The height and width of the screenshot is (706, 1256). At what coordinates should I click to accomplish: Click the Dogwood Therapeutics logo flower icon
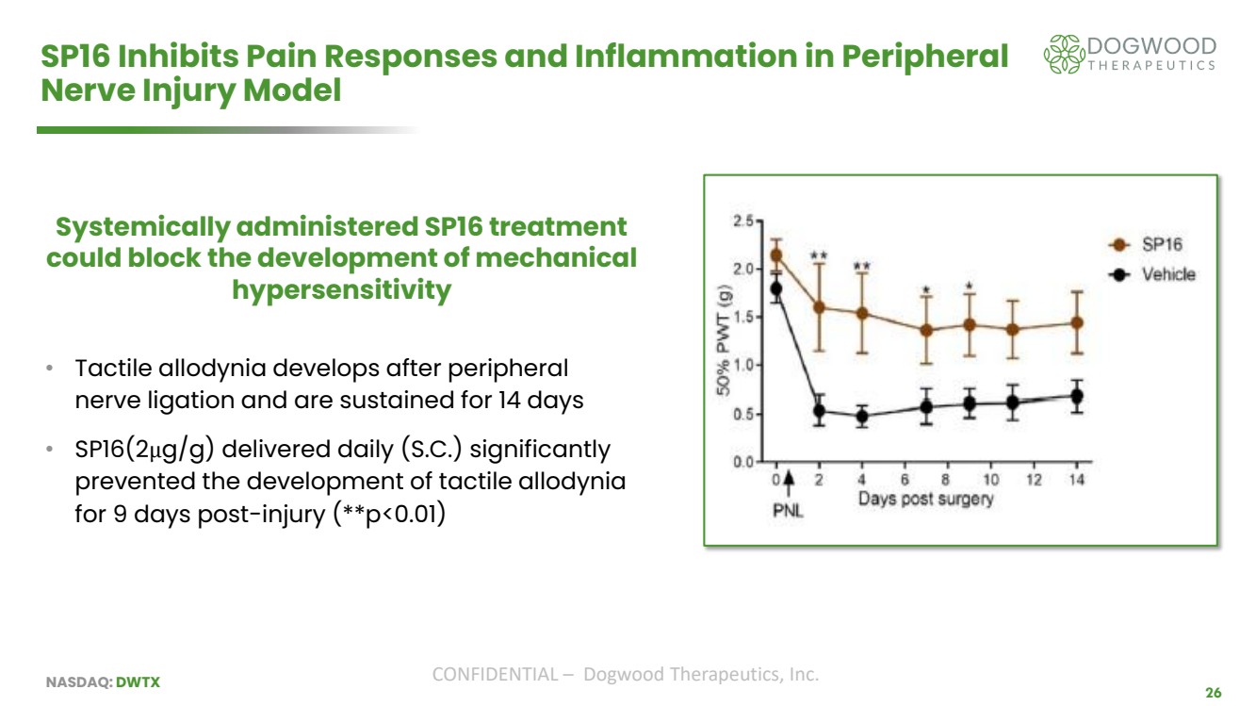click(x=1062, y=55)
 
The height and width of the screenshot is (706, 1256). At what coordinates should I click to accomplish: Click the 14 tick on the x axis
click(x=1076, y=479)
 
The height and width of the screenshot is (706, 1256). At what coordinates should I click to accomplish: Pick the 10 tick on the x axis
click(x=990, y=479)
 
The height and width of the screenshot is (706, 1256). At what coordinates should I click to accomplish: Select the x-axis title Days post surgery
click(x=925, y=500)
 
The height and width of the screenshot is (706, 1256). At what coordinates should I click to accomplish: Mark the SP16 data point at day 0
click(x=776, y=254)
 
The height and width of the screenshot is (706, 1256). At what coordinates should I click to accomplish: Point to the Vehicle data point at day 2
click(x=819, y=411)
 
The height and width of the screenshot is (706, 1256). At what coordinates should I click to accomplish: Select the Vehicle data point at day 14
click(x=1076, y=396)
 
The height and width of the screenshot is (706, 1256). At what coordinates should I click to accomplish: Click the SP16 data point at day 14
click(x=1076, y=322)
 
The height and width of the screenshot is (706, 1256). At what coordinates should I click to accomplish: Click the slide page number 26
click(x=1214, y=693)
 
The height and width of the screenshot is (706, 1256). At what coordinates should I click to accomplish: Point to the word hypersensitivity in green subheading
click(x=341, y=290)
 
